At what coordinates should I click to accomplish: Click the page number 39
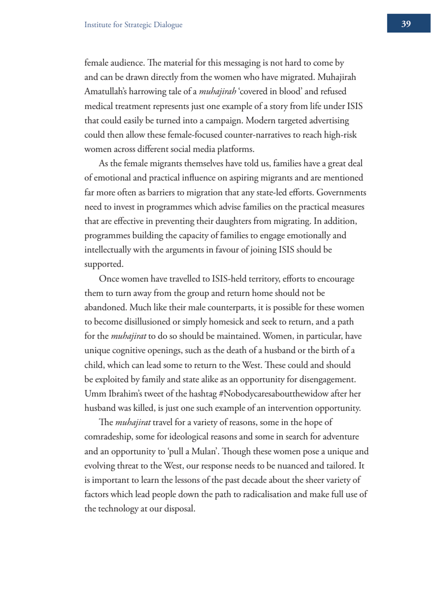coord(406,24)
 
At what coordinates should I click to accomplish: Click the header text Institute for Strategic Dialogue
coord(133,25)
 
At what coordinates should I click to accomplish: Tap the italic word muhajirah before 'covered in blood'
coord(217,92)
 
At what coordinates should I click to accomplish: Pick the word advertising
coord(326,120)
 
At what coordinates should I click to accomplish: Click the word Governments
coord(341,193)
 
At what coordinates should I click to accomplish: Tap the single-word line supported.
coord(103,264)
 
